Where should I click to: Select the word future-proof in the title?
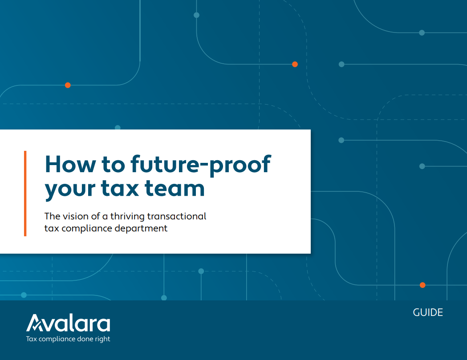tap(200, 165)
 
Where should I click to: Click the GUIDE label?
tap(428, 312)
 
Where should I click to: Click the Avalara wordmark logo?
tap(68, 324)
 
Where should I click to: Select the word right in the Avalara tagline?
tap(102, 339)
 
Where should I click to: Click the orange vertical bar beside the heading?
tap(25, 193)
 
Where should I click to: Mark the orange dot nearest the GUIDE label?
tap(422, 285)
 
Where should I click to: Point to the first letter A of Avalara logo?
tap(35, 324)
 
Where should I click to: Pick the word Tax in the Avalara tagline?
tap(32, 339)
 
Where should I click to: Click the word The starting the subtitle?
tap(52, 217)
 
